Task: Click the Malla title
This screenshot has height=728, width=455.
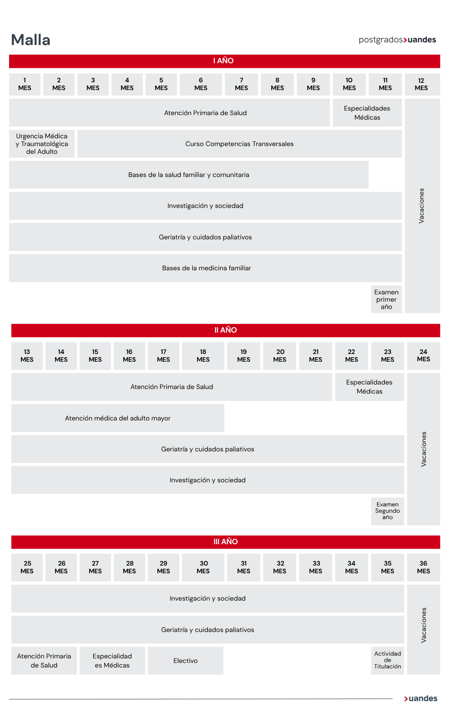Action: pos(30,40)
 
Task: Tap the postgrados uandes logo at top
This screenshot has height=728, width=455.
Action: pos(397,40)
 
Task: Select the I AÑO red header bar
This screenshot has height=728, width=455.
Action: pos(224,61)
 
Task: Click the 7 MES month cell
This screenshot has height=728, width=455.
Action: pos(241,84)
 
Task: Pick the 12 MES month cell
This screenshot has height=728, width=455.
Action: pos(421,84)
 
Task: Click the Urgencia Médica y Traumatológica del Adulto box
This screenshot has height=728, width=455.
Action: pos(42,144)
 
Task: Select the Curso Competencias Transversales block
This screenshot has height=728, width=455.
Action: pos(239,144)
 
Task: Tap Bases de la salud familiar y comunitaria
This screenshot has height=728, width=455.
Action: pos(188,175)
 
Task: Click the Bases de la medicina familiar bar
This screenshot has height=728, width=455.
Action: pos(206,268)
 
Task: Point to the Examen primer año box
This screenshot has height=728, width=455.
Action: pos(386,299)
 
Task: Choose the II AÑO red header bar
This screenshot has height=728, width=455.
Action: pos(225,330)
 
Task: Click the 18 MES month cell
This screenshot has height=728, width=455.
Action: pos(203,355)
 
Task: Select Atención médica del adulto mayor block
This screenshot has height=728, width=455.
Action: pos(118,418)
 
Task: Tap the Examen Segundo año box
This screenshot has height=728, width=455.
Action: pos(387,511)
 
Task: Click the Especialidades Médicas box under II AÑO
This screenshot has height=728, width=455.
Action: pos(369,387)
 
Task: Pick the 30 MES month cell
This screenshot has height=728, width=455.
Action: pos(203,567)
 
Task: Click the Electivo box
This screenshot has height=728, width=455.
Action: pos(185,661)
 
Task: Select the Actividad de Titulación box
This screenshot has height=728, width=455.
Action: pos(387,660)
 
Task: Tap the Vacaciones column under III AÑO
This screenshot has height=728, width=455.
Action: pos(423,629)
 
